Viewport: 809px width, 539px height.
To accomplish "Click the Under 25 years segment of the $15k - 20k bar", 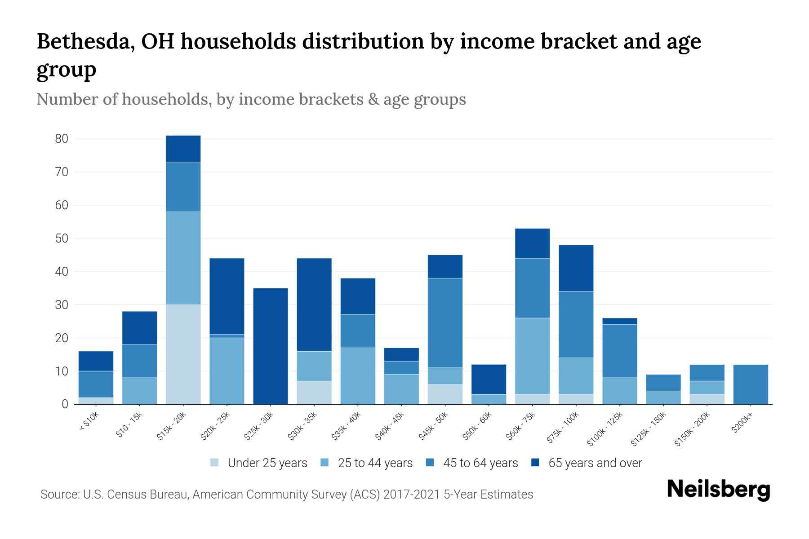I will pyautogui.click(x=183, y=354).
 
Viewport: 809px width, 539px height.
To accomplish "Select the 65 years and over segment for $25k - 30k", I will pyautogui.click(x=271, y=346).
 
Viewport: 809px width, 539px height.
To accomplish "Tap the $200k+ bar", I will pyautogui.click(x=750, y=384).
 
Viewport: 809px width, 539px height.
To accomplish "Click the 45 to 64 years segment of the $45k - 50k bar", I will pyautogui.click(x=445, y=323).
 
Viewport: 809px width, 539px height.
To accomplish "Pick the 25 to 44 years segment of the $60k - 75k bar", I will pyautogui.click(x=532, y=356).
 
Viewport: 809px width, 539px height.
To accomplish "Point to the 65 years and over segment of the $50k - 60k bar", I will pyautogui.click(x=489, y=380).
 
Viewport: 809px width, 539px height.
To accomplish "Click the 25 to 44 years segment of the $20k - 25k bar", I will pyautogui.click(x=227, y=371).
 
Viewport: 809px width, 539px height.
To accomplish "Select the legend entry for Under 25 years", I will pyautogui.click(x=259, y=463).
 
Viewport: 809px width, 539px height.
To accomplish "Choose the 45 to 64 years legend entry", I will pyautogui.click(x=472, y=463).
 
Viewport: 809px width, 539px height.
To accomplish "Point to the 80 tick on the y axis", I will pyautogui.click(x=62, y=139).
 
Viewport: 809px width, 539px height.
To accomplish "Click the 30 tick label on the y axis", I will pyautogui.click(x=62, y=305).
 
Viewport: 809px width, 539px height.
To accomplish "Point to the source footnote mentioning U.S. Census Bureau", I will pyautogui.click(x=287, y=495).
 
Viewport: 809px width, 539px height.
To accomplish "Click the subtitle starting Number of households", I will pyautogui.click(x=251, y=99).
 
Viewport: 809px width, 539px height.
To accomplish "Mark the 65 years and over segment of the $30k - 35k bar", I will pyautogui.click(x=314, y=305).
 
